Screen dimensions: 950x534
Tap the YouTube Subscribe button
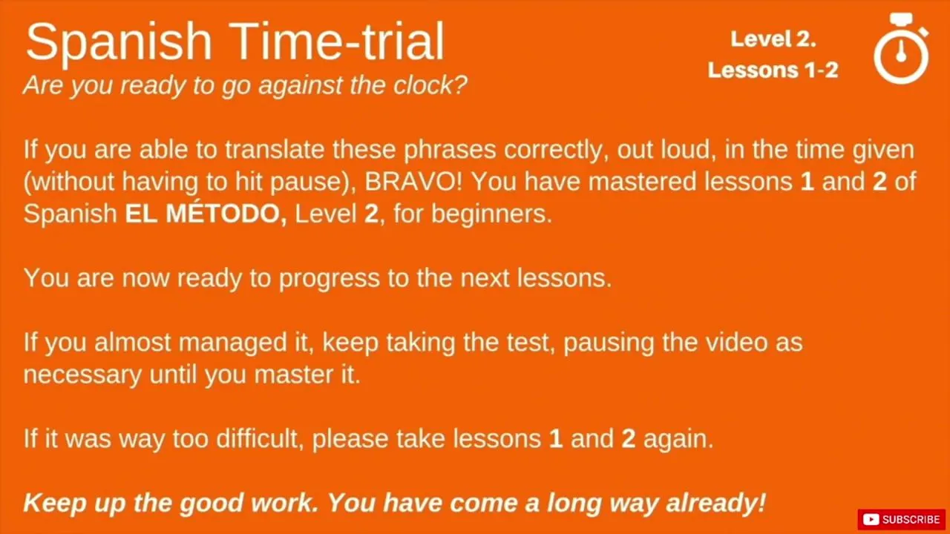(x=901, y=519)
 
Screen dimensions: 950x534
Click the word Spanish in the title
(x=119, y=42)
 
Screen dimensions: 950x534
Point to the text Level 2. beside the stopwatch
(x=773, y=39)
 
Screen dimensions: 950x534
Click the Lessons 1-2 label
(x=773, y=70)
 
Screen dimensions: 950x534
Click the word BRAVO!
(x=413, y=182)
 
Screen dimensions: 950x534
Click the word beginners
(x=491, y=214)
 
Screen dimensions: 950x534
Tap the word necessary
(x=82, y=375)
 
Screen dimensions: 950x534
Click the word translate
(x=275, y=150)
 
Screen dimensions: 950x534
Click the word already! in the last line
(x=716, y=503)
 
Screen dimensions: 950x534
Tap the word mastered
(x=642, y=182)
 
